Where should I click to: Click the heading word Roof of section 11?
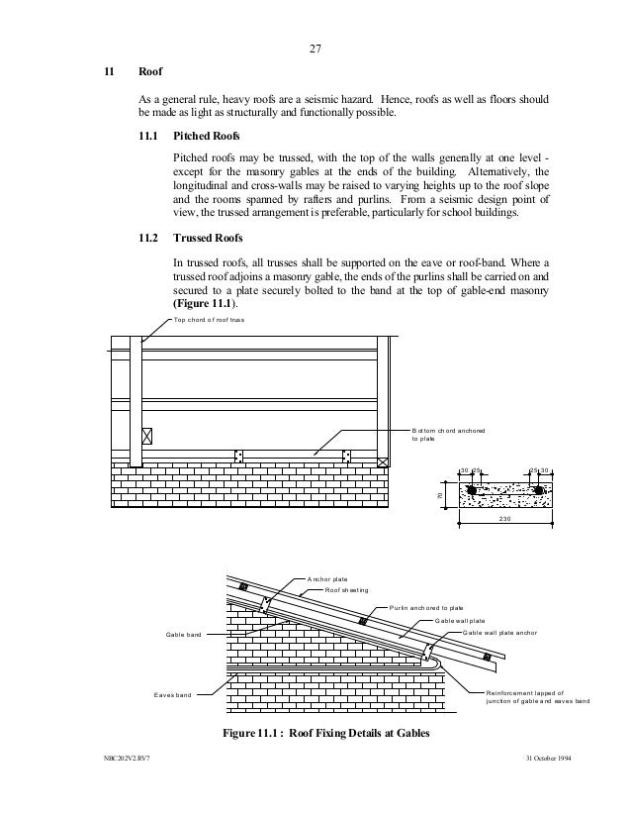pos(151,74)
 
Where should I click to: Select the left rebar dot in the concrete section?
pos(473,489)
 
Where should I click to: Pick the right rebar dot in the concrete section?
pos(539,489)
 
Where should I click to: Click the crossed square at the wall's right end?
pos(383,461)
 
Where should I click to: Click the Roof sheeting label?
pos(347,590)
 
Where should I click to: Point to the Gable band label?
pos(183,635)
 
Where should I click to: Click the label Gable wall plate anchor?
pos(503,632)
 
